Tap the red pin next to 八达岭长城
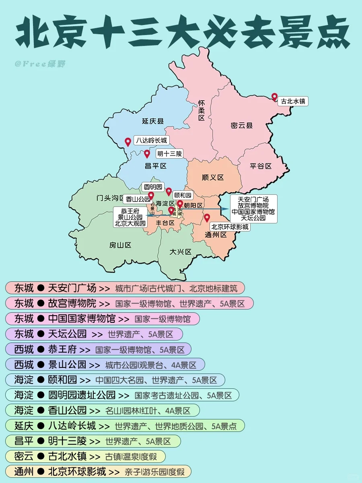click(x=128, y=142)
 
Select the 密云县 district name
click(x=242, y=126)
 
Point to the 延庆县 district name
click(x=153, y=121)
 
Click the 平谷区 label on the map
click(x=261, y=166)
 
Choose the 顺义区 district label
click(x=212, y=178)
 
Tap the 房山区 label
click(x=120, y=245)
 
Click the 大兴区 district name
click(x=181, y=252)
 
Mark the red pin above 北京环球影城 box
click(x=207, y=218)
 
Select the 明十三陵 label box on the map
click(x=169, y=153)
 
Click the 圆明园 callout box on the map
click(x=153, y=187)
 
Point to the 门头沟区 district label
click(x=111, y=198)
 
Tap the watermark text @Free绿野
click(x=40, y=64)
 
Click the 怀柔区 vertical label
click(x=202, y=110)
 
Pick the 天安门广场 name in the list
click(x=72, y=288)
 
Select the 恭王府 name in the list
click(x=62, y=349)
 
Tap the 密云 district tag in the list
click(x=24, y=456)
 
